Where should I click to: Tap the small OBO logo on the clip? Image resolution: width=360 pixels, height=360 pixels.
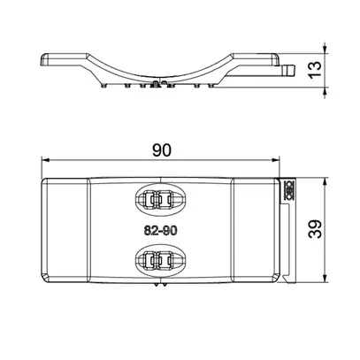click(287, 188)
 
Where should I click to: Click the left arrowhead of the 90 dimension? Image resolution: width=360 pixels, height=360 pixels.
click(45, 160)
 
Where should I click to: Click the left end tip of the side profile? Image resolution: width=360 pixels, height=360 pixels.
click(42, 59)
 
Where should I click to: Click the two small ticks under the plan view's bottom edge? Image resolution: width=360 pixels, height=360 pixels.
click(159, 287)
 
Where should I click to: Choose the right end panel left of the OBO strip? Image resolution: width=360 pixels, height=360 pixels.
click(254, 231)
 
